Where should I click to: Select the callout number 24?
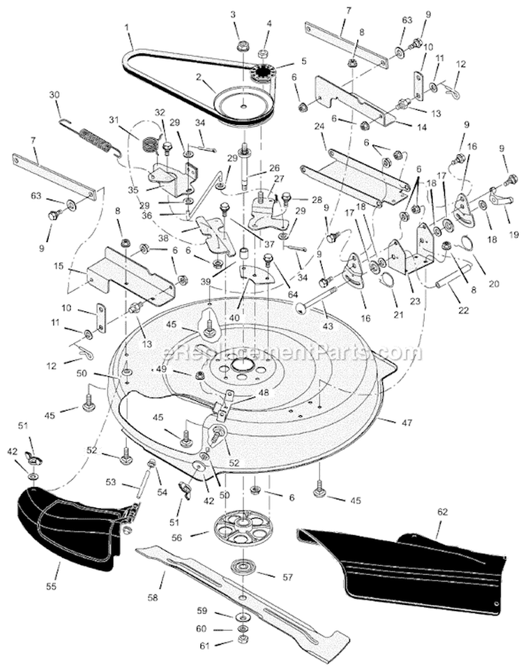click(x=320, y=127)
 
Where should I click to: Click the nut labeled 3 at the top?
click(x=243, y=47)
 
